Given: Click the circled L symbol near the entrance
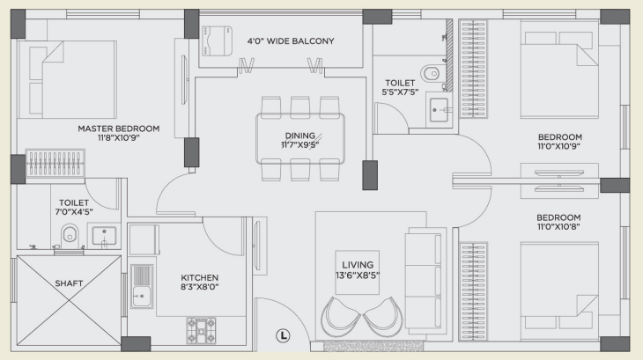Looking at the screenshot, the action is pyautogui.click(x=283, y=336).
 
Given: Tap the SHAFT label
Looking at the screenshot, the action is pyautogui.click(x=69, y=283).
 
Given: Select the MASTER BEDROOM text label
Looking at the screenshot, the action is pyautogui.click(x=119, y=129).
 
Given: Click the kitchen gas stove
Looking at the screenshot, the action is pyautogui.click(x=201, y=330).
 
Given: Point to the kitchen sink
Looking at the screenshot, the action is pyautogui.click(x=142, y=286).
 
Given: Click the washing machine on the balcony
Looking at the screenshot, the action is pyautogui.click(x=217, y=40).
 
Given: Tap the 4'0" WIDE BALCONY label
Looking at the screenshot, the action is pyautogui.click(x=291, y=41).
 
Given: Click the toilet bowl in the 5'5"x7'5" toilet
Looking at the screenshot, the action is pyautogui.click(x=431, y=74).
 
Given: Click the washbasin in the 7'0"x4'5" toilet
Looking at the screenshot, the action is pyautogui.click(x=104, y=236).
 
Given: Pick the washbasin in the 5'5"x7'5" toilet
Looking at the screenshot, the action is pyautogui.click(x=439, y=110).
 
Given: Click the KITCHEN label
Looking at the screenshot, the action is pyautogui.click(x=199, y=277).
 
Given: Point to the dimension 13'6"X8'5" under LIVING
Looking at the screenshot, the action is pyautogui.click(x=358, y=276).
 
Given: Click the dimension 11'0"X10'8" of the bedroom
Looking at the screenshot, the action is pyautogui.click(x=558, y=226).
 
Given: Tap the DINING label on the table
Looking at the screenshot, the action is pyautogui.click(x=300, y=136).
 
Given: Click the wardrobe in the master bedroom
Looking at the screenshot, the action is pyautogui.click(x=55, y=164).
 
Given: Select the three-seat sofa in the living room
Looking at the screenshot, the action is pyautogui.click(x=425, y=278).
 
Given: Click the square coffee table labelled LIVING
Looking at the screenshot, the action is pyautogui.click(x=358, y=272).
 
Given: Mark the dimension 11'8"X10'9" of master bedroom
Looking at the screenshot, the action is pyautogui.click(x=119, y=138).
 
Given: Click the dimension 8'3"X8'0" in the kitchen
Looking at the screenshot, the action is pyautogui.click(x=199, y=287).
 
